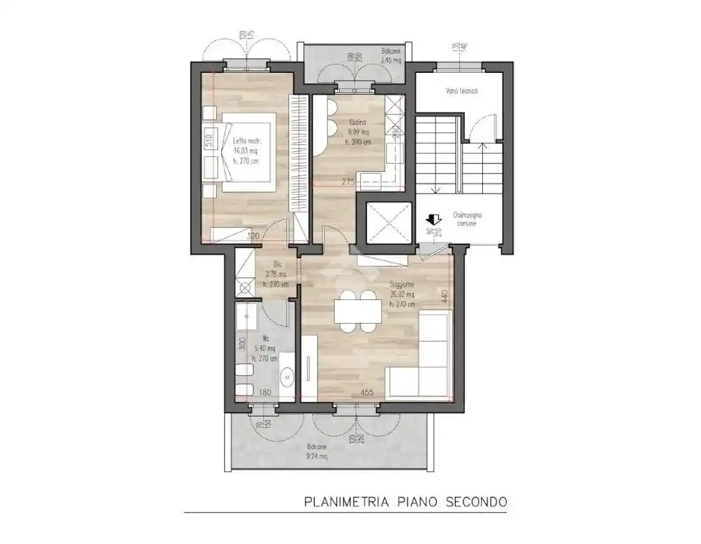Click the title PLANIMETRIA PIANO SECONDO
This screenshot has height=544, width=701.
[404, 502]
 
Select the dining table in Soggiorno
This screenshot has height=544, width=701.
[357, 311]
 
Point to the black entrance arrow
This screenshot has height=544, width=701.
[434, 219]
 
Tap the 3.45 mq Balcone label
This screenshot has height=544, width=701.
[391, 56]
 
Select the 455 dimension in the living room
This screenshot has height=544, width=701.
[367, 392]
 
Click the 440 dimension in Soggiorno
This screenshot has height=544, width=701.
[445, 296]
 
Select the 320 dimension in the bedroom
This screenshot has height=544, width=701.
[253, 236]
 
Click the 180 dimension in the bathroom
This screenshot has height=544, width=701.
[265, 392]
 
